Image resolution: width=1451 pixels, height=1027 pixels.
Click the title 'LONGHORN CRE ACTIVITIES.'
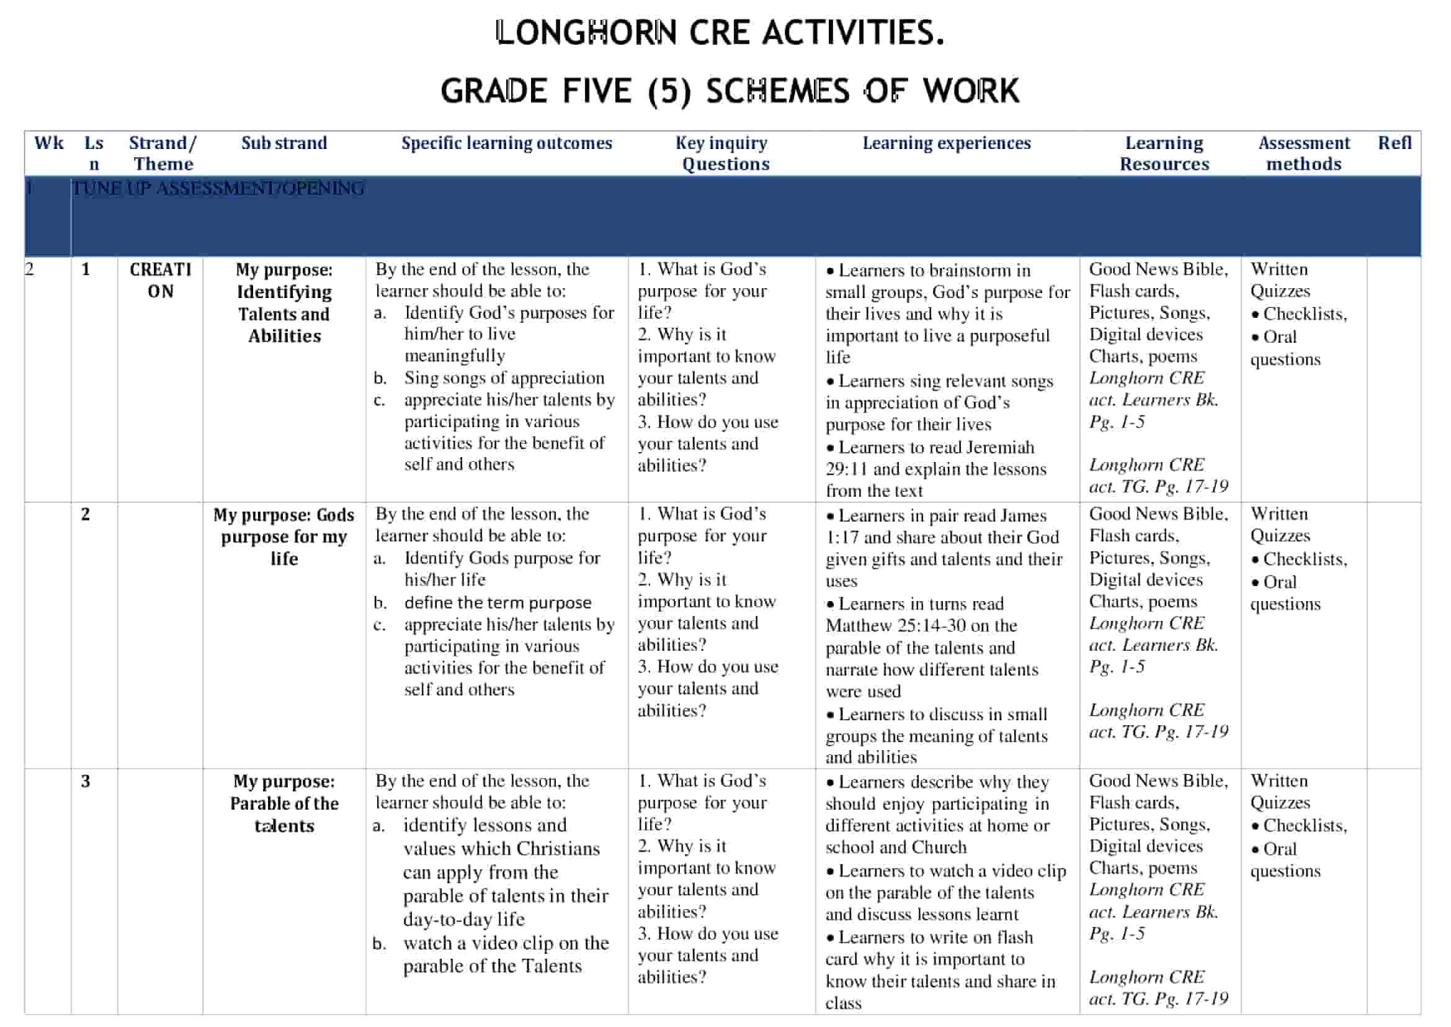tap(720, 33)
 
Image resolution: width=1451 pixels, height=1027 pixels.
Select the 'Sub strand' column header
tap(284, 143)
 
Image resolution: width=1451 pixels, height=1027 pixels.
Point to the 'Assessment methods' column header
tap(1303, 153)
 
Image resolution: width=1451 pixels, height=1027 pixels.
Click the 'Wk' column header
tap(48, 143)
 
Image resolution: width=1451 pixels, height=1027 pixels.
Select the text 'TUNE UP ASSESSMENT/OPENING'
tap(218, 189)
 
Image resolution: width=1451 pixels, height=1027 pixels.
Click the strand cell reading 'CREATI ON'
tap(160, 280)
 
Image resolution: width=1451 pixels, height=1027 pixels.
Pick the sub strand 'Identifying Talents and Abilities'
tap(284, 314)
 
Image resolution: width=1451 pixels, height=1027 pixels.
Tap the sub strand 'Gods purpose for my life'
tap(284, 537)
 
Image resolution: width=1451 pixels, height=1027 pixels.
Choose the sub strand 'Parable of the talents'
tap(284, 815)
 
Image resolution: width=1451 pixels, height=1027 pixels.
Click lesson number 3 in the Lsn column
tap(86, 782)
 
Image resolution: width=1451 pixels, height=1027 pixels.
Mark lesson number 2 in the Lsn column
tap(86, 514)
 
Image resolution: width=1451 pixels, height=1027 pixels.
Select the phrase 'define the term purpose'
tap(498, 603)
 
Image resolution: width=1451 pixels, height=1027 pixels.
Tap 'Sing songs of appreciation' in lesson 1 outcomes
tap(504, 378)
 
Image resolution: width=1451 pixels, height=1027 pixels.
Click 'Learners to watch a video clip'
tap(951, 871)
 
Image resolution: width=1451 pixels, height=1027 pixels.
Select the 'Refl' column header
tap(1394, 143)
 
